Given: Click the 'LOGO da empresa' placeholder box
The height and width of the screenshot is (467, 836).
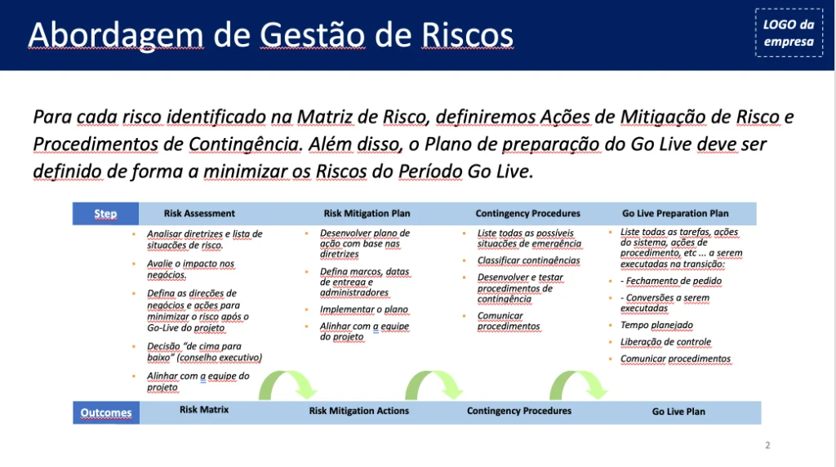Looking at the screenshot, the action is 789,33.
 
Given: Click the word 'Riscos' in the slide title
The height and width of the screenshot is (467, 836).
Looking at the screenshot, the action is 467,35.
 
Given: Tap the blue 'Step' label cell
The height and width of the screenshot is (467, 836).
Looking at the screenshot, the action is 105,213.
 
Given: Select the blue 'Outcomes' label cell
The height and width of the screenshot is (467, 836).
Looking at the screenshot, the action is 106,412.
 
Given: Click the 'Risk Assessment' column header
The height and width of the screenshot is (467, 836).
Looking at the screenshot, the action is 199,213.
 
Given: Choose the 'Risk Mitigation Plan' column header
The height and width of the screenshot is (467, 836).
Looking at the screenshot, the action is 367,213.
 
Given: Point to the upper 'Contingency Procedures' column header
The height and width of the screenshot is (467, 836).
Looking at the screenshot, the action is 528,213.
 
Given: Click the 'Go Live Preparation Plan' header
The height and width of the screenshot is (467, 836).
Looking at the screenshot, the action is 675,213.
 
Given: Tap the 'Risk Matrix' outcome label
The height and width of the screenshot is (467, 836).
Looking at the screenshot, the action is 203,409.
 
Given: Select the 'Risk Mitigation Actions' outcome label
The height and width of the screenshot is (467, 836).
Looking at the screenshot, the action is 359,411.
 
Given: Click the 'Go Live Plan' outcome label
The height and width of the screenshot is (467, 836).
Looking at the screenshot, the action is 678,411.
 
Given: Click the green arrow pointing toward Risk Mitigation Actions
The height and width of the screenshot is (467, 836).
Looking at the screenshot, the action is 288,383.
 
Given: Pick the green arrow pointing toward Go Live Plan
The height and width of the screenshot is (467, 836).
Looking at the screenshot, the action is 579,383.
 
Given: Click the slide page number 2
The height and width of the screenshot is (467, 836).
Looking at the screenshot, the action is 767,445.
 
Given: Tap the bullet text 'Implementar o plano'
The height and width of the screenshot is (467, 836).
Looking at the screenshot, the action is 363,309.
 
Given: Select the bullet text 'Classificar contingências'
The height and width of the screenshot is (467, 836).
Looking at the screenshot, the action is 528,260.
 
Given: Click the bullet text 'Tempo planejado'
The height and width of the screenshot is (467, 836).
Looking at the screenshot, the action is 656,325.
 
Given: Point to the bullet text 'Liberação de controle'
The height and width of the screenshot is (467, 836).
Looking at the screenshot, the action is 665,342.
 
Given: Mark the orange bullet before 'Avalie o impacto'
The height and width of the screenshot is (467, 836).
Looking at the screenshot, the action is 134,264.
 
